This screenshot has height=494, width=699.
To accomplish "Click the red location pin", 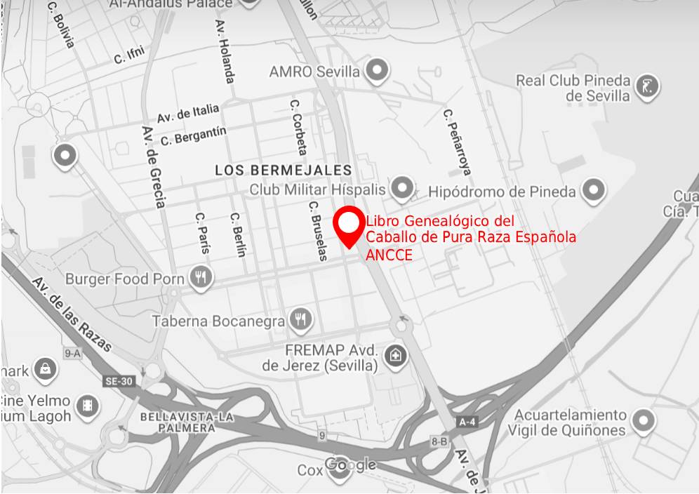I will pyautogui.click(x=348, y=225).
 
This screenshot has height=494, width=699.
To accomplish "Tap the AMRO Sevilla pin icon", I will pyautogui.click(x=378, y=70).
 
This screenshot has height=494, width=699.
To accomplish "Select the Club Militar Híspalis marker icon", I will pyautogui.click(x=402, y=187).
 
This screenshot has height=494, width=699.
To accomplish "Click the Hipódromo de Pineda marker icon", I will pyautogui.click(x=594, y=189).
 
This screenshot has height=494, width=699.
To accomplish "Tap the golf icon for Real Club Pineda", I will pyautogui.click(x=647, y=87).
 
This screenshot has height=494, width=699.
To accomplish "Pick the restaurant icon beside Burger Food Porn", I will pyautogui.click(x=201, y=277).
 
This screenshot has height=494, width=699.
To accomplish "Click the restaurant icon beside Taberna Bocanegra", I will pyautogui.click(x=302, y=319).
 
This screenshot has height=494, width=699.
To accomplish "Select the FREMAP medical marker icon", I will pyautogui.click(x=396, y=355).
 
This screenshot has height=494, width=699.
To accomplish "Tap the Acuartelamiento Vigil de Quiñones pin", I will pyautogui.click(x=642, y=421).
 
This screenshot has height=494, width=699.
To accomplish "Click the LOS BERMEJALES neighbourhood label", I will pyautogui.click(x=284, y=171).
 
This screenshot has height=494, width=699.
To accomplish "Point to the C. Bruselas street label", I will pyautogui.click(x=318, y=231).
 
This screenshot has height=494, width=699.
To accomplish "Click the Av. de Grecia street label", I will pyautogui.click(x=154, y=167).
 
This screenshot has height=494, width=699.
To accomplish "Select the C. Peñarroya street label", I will pyautogui.click(x=457, y=141).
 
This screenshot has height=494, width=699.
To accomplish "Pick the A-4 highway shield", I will pyautogui.click(x=467, y=422).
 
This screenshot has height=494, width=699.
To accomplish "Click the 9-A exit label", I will pyautogui.click(x=72, y=354).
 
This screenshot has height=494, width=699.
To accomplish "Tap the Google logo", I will pyautogui.click(x=350, y=465).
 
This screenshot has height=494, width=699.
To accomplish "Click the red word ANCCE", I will pyautogui.click(x=389, y=255).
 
